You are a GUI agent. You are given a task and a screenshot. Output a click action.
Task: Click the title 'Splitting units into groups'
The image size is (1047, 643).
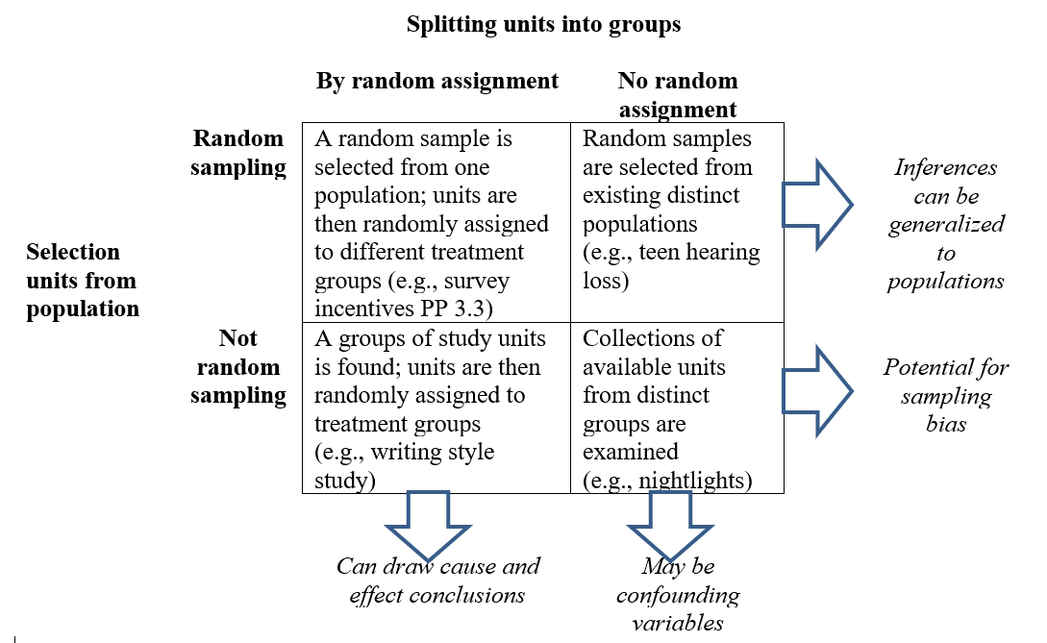(543, 25)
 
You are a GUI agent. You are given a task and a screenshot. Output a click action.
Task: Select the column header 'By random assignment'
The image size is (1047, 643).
(437, 81)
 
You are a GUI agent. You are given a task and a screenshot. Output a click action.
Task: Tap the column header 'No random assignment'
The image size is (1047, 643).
(677, 94)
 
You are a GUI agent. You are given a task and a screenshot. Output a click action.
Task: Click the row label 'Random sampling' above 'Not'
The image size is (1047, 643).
(238, 153)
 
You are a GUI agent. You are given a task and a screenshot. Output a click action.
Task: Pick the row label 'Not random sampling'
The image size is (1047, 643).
(238, 366)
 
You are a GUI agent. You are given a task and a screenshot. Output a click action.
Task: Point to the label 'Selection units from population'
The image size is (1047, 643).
(83, 281)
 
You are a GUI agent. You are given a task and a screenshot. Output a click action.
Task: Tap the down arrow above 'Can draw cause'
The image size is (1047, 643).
(427, 525)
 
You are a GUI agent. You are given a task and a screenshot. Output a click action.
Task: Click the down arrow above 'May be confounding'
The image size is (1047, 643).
(669, 525)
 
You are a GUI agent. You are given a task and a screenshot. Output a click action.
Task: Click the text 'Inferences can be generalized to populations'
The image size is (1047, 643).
(946, 224)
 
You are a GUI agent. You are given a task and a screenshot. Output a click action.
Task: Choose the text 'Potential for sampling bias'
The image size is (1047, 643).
(946, 395)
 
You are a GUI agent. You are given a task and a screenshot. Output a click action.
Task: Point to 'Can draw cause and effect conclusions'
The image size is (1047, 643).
(437, 581)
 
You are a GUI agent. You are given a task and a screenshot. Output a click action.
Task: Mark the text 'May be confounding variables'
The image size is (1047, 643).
(678, 594)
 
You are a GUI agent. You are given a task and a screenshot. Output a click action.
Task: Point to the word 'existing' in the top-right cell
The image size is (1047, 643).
(622, 196)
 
